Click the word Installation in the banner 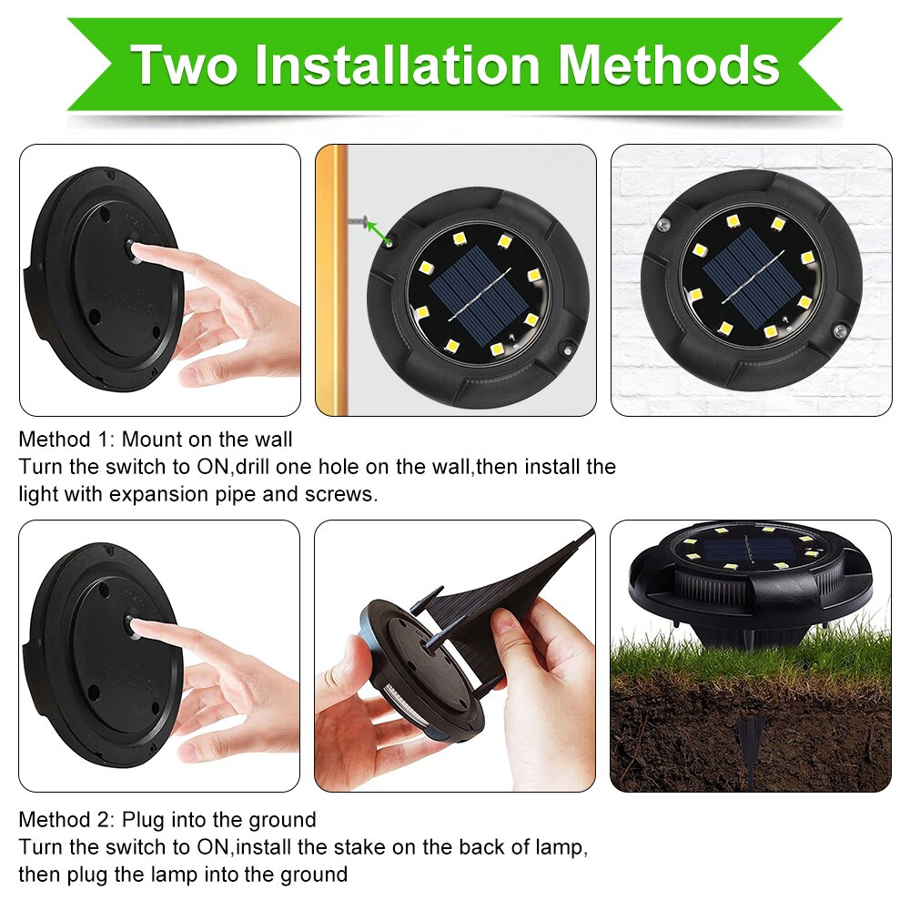(x=398, y=65)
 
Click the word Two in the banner (x=184, y=65)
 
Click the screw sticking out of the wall (x=359, y=220)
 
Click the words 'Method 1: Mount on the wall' (x=156, y=440)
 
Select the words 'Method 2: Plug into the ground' (x=167, y=820)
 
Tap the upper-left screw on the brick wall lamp (x=664, y=224)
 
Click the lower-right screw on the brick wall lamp (x=839, y=331)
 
